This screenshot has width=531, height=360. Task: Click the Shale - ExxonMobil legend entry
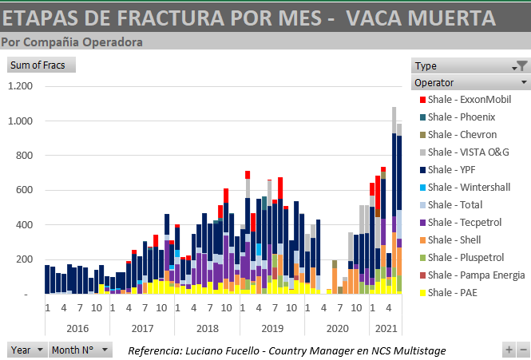pyautogui.click(x=468, y=100)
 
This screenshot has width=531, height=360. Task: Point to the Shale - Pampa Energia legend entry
pyautogui.click(x=476, y=275)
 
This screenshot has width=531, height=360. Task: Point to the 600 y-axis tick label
pyautogui.click(x=26, y=190)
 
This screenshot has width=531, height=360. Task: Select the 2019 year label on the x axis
pyautogui.click(x=271, y=328)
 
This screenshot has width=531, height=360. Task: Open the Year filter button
pyautogui.click(x=26, y=350)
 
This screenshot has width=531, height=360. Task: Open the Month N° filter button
pyautogui.click(x=81, y=350)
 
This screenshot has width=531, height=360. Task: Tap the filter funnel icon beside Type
pyautogui.click(x=521, y=66)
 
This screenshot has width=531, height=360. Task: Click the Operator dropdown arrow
pyautogui.click(x=524, y=82)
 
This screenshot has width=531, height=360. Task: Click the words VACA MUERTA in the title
pyautogui.click(x=423, y=18)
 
